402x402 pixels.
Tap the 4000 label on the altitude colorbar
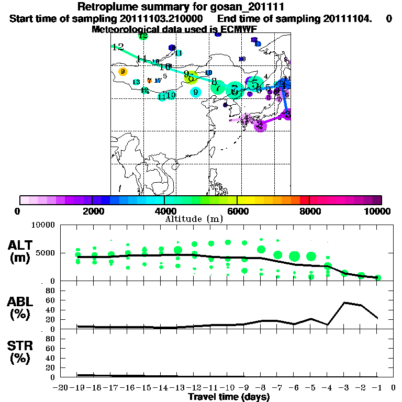coord(164,211)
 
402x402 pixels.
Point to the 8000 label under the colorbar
coord(309,211)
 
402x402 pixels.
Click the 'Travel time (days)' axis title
coord(229,397)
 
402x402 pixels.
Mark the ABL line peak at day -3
coord(344,303)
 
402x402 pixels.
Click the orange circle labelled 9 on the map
coord(122,72)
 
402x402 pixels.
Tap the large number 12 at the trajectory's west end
coord(118,47)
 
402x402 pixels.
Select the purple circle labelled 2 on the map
coord(260,125)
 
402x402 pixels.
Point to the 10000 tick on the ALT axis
coord(44,225)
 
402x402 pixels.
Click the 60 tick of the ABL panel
coord(51,300)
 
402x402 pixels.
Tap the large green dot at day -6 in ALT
coord(294,256)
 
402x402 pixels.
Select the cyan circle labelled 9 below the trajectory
coord(195,92)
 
